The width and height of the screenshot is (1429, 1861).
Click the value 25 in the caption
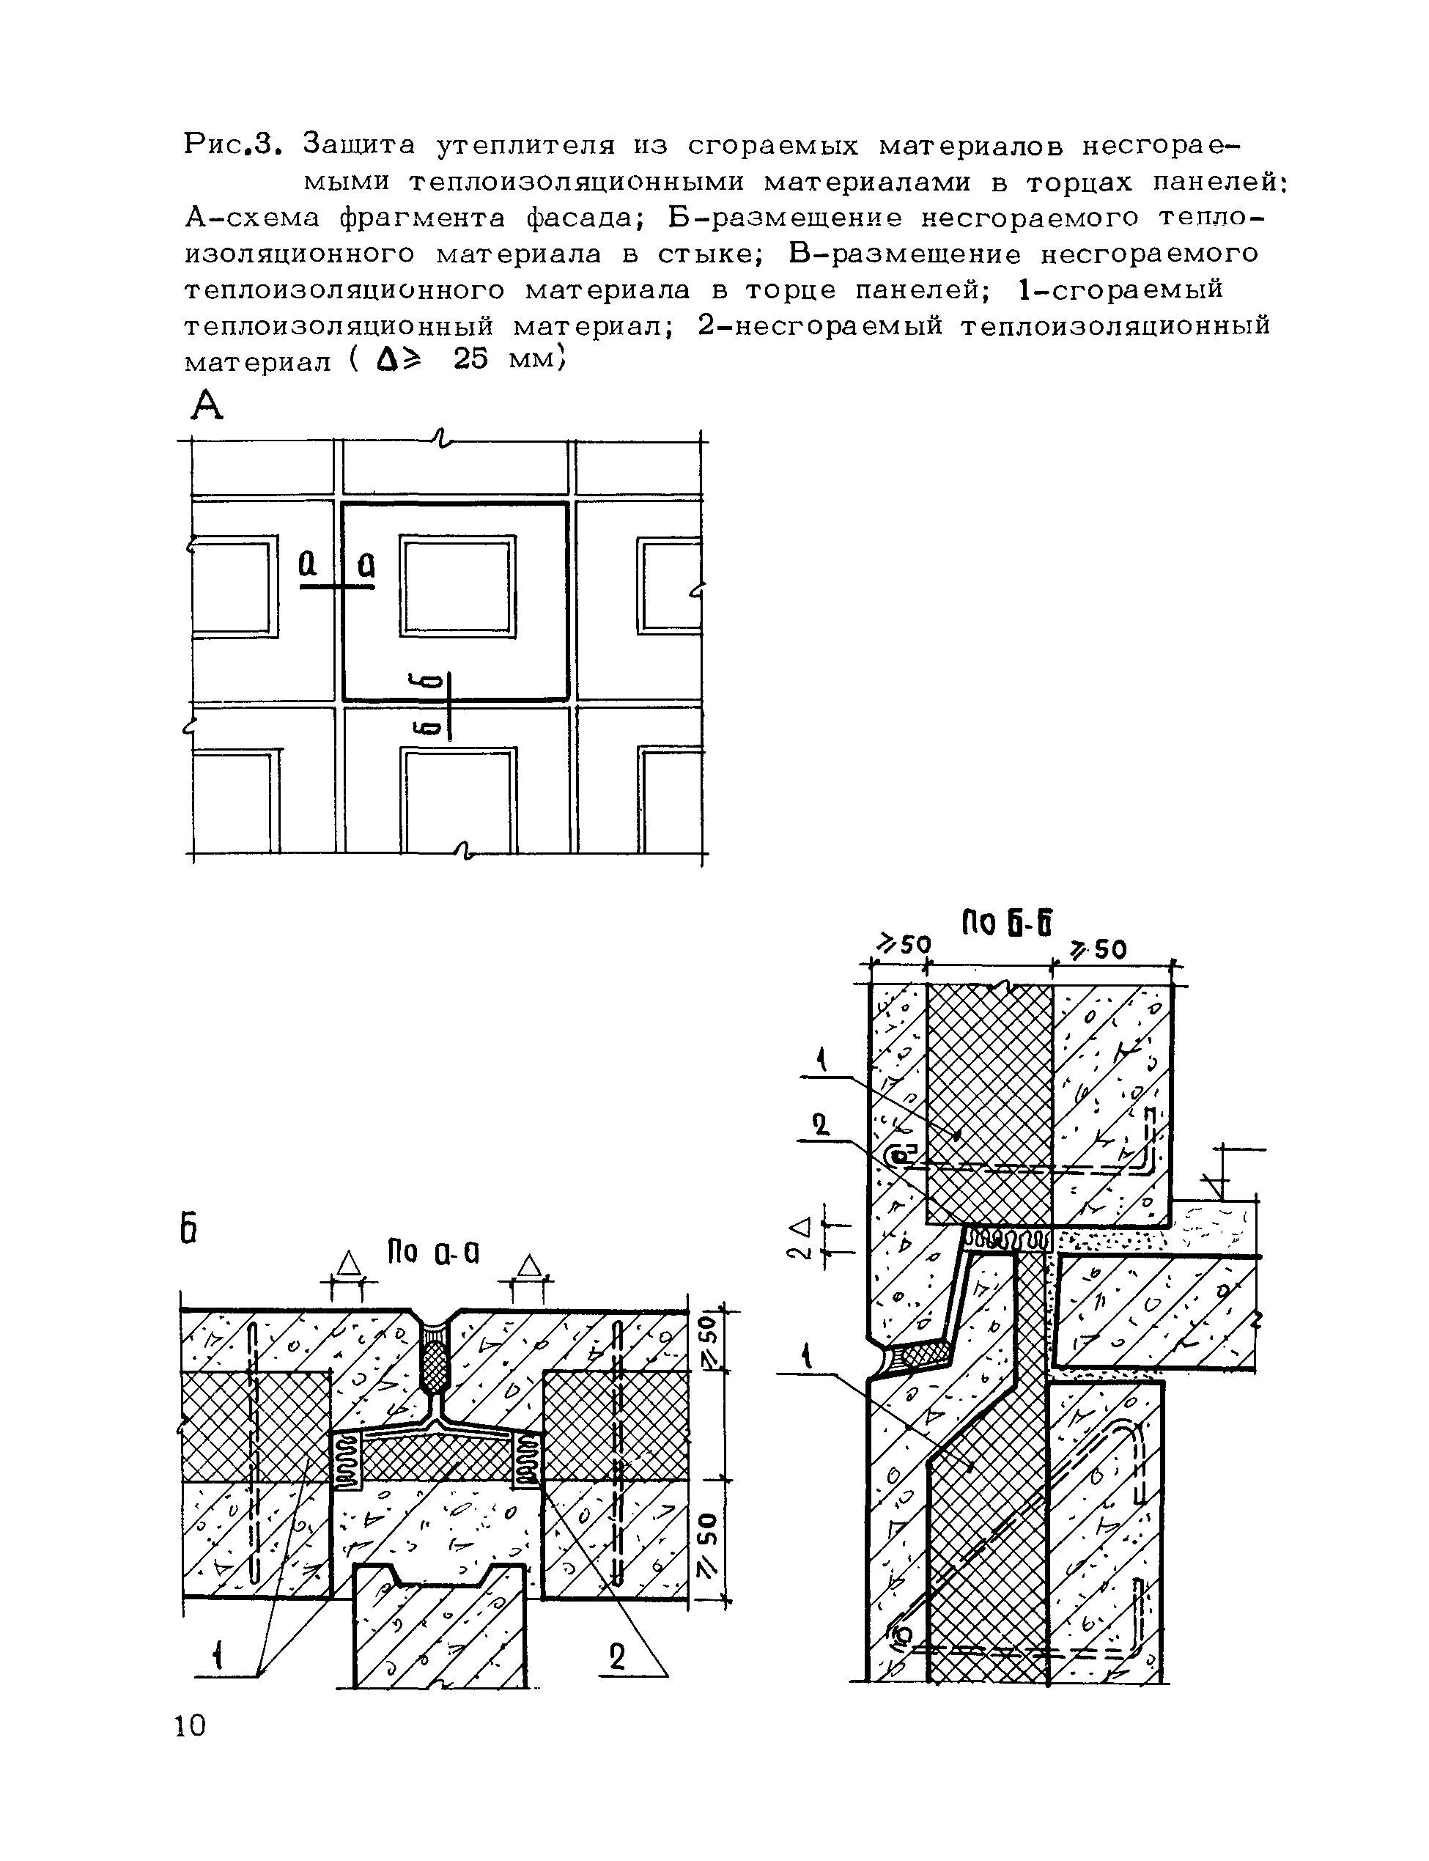[x=470, y=361]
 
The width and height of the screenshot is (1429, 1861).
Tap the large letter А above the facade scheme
[x=207, y=407]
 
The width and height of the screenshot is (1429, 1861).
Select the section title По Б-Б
[x=1007, y=924]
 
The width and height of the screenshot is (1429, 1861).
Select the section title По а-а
[x=433, y=1252]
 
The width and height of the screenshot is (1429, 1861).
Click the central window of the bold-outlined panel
[x=457, y=586]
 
